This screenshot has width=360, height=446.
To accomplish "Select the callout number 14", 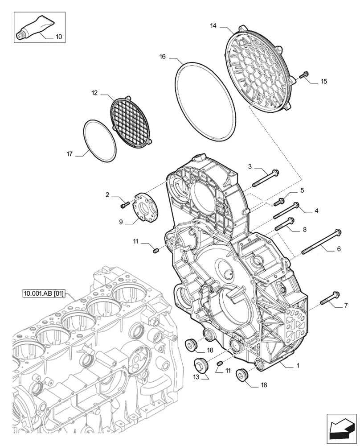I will [213, 26].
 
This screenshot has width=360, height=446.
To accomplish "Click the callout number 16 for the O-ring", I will [163, 57].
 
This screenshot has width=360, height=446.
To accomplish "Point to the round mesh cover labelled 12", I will [131, 120].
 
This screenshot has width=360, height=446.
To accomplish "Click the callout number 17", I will [69, 154].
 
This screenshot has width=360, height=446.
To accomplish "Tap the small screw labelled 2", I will [125, 204].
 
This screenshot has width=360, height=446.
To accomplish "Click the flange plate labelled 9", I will [144, 206].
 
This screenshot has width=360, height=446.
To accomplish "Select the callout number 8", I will [304, 230].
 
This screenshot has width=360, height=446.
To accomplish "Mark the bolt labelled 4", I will [285, 211].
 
